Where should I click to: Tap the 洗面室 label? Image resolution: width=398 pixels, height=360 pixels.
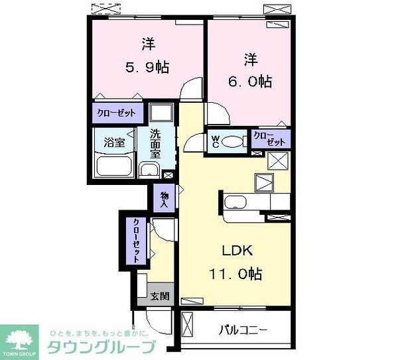coord(155,142)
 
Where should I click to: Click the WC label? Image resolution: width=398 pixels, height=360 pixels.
coord(216,141)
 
